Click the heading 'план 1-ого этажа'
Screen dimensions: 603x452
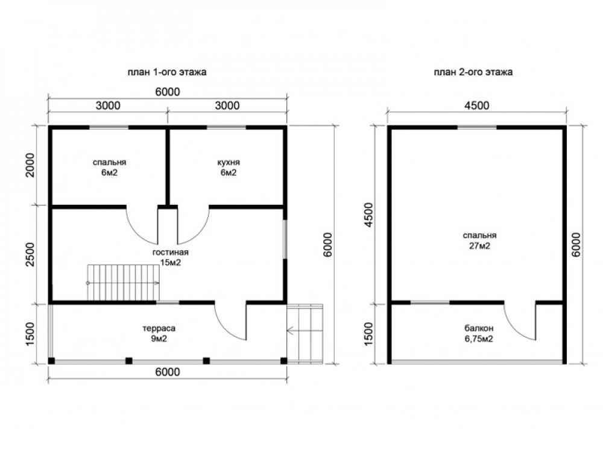pos(167,72)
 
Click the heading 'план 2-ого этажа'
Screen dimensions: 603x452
pos(473,72)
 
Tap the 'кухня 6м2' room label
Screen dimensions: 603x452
pos(229,168)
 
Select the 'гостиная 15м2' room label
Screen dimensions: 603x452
pos(171,257)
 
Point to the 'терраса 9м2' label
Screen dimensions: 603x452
pos(159,333)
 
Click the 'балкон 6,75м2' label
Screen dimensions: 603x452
pos(479,333)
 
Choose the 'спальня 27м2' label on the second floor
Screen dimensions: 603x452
pos(479,240)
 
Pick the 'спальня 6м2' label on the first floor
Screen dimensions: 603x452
pos(110,168)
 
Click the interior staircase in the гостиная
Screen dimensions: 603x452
pos(123,283)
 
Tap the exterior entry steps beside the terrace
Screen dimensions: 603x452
pos(305,333)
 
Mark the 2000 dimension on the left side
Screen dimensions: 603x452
pos(30,165)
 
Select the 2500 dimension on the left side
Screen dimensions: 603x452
pos(30,254)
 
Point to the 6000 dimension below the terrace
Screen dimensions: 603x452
pos(168,372)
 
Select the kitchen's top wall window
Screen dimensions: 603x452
pos(227,127)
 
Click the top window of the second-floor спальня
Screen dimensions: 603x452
pos(477,127)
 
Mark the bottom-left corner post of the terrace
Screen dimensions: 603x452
pos(51,361)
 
